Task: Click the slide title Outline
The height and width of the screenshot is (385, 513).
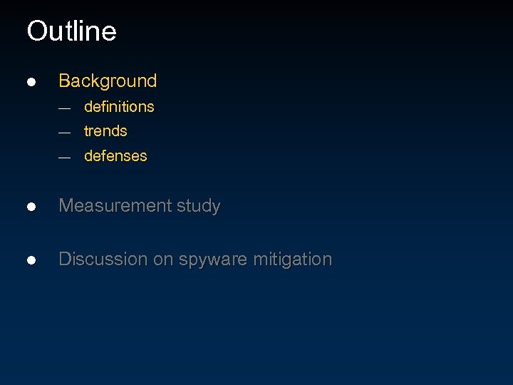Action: pyautogui.click(x=71, y=31)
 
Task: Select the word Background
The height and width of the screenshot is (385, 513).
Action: pyautogui.click(x=108, y=81)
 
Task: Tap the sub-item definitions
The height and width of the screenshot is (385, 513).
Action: pyautogui.click(x=119, y=107)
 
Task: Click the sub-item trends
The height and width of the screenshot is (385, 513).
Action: pyautogui.click(x=105, y=131)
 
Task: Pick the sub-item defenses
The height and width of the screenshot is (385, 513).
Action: pyautogui.click(x=115, y=156)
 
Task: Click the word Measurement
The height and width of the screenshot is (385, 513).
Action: pyautogui.click(x=114, y=206)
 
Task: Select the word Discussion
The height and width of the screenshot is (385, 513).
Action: pyautogui.click(x=103, y=260)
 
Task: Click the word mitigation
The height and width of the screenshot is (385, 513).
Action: pyautogui.click(x=292, y=260)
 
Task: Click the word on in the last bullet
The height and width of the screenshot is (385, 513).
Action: pyautogui.click(x=163, y=260)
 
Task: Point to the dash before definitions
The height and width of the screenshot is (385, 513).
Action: pyautogui.click(x=65, y=108)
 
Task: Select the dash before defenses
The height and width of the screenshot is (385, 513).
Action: pyautogui.click(x=65, y=158)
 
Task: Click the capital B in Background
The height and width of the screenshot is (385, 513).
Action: pyautogui.click(x=64, y=81)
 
